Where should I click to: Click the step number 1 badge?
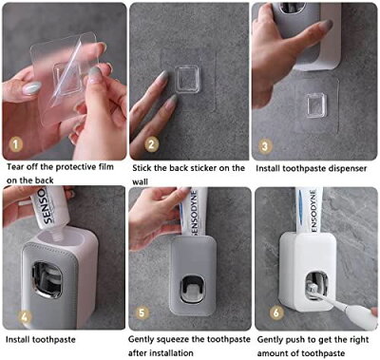pyautogui.click(x=15, y=144)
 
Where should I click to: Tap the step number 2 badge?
pyautogui.click(x=151, y=144)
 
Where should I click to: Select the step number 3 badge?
pyautogui.click(x=265, y=146)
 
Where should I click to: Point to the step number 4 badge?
pyautogui.click(x=27, y=315)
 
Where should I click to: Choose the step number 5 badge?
pyautogui.click(x=142, y=313)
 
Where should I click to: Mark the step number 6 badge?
pyautogui.click(x=276, y=313)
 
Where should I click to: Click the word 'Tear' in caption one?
pyautogui.click(x=15, y=166)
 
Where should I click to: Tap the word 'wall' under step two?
pyautogui.click(x=140, y=182)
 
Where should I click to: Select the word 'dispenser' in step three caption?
pyautogui.click(x=348, y=169)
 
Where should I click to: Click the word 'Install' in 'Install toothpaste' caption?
pyautogui.click(x=18, y=340)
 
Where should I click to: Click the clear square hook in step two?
pyautogui.click(x=187, y=79)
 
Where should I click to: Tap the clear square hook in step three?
pyautogui.click(x=316, y=105)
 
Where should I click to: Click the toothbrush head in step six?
pyautogui.click(x=313, y=289)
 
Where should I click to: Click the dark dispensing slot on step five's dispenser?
pyautogui.click(x=192, y=288)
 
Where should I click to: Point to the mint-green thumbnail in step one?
pyautogui.click(x=31, y=87)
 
